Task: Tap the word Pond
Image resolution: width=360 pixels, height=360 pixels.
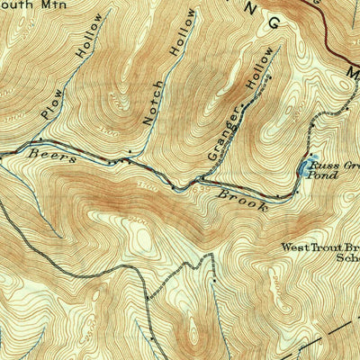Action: (325, 176)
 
